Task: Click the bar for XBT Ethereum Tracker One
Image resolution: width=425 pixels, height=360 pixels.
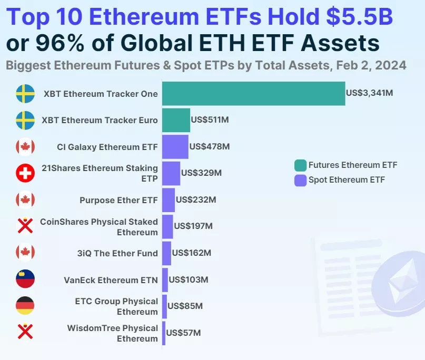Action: [253, 94]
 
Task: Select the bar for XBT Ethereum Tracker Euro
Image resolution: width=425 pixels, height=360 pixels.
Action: [176, 120]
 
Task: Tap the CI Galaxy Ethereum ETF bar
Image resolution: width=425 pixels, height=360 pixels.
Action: [175, 147]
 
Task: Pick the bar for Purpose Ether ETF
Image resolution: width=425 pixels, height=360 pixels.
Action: [169, 200]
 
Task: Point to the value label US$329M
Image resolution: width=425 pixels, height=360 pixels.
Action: [201, 173]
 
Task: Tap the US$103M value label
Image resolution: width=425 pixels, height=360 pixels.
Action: [188, 279]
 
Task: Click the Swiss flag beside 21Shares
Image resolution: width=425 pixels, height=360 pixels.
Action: [25, 173]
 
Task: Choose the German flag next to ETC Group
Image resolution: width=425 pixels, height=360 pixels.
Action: [25, 306]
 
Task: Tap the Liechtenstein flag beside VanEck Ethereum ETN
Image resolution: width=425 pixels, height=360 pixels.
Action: [25, 279]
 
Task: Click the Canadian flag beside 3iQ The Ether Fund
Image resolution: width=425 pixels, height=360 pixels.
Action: [25, 253]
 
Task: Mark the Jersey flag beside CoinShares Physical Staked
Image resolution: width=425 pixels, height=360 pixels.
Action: [25, 226]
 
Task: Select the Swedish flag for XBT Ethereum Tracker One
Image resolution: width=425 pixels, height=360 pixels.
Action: [25, 94]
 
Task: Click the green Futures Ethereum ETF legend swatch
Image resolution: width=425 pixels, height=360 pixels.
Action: [300, 165]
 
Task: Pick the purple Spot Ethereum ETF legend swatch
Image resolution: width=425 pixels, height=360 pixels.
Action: [300, 180]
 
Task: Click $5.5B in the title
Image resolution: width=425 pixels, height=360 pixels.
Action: [359, 17]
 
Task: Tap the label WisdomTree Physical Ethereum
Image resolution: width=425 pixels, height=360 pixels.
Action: [112, 333]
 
